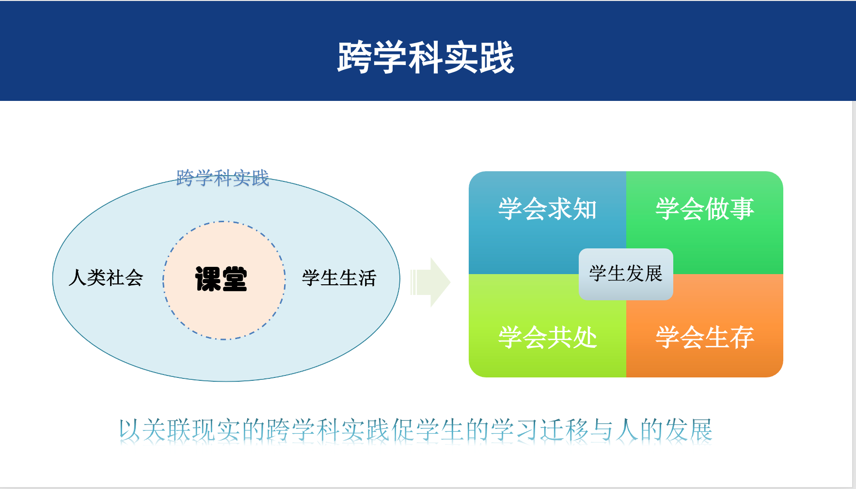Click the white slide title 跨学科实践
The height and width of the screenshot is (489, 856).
click(x=426, y=58)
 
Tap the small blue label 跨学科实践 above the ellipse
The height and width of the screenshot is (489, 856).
click(x=222, y=178)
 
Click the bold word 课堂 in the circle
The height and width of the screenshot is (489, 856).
click(x=221, y=279)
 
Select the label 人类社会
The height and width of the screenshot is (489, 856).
click(x=106, y=278)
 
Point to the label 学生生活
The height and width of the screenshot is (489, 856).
click(x=339, y=278)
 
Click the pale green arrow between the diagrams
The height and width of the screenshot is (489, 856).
click(x=431, y=282)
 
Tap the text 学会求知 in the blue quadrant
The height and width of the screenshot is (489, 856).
click(x=547, y=209)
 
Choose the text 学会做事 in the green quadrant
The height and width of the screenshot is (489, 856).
click(x=704, y=209)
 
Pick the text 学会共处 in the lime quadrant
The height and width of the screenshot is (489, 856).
click(x=547, y=337)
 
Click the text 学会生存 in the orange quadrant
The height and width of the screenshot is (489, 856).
click(x=704, y=337)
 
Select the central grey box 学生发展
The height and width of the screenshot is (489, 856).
click(x=626, y=274)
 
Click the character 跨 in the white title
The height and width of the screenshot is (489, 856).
click(x=355, y=58)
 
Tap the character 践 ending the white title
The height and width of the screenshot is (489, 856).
click(x=497, y=58)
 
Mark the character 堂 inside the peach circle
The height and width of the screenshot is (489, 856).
click(x=235, y=279)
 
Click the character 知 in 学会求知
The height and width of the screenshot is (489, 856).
click(x=585, y=209)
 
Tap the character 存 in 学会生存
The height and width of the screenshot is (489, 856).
click(x=742, y=337)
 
